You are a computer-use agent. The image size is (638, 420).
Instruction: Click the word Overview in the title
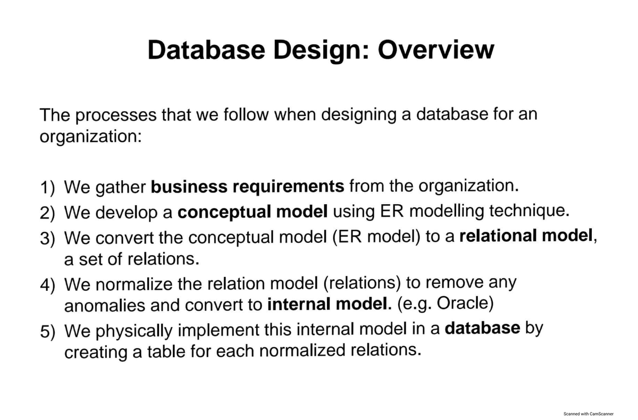[x=435, y=49]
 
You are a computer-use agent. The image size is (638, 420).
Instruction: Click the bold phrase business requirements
[x=247, y=187]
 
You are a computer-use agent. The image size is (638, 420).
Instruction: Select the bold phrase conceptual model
[x=253, y=213]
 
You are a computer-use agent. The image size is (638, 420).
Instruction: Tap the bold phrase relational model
[x=526, y=236]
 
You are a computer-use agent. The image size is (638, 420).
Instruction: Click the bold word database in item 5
[x=482, y=327]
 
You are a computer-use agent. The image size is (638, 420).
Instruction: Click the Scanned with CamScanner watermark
[x=589, y=413]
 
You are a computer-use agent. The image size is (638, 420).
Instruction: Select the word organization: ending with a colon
[x=90, y=137]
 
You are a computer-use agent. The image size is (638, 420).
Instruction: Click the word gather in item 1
[x=121, y=188]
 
